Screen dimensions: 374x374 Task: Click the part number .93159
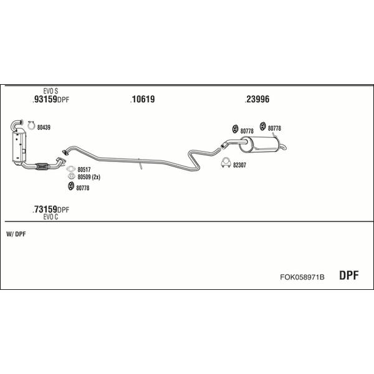pos(45,99)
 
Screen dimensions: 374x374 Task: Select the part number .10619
pos(143,99)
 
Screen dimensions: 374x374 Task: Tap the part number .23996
pos(257,99)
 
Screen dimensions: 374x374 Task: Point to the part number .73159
pos(45,209)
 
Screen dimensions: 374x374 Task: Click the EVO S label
pos(50,91)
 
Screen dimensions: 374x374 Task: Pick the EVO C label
pos(50,217)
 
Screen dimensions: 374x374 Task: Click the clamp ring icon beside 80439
pos(31,126)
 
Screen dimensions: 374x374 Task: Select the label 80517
pos(84,170)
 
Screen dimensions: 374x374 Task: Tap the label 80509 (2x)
pos(89,177)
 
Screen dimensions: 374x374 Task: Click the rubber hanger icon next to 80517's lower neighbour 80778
pos(71,186)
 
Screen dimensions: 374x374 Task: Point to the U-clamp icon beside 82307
pos(226,163)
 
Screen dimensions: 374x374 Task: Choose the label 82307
pos(239,165)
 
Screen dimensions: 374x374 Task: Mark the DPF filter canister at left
pos(19,146)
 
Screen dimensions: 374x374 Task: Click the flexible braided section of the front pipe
pos(42,166)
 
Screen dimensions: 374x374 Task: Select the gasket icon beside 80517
pos(71,169)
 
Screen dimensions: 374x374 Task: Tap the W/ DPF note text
pos(16,234)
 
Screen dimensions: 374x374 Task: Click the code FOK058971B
pos(302,277)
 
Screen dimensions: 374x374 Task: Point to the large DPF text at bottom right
pos(348,276)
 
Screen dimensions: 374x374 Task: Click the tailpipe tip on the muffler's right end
pos(284,147)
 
